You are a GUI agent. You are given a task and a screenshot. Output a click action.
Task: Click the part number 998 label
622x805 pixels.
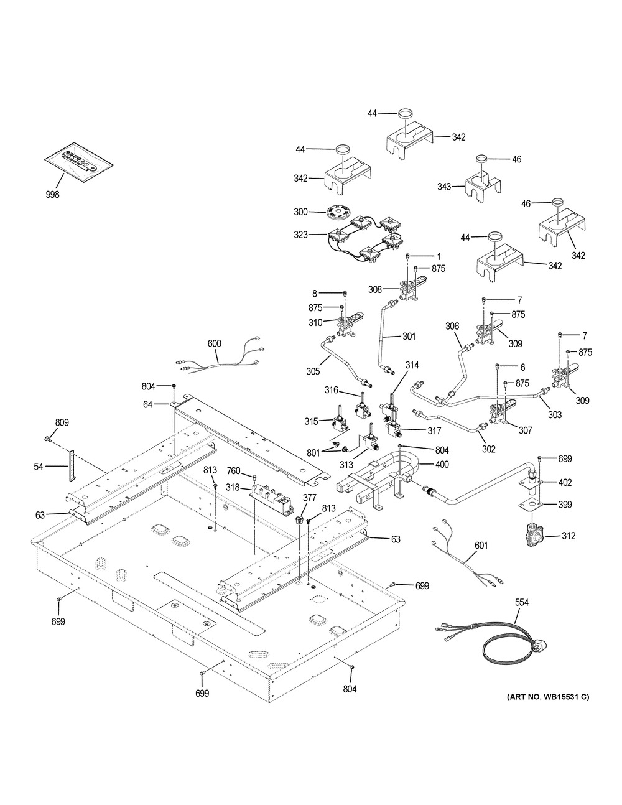point(53,195)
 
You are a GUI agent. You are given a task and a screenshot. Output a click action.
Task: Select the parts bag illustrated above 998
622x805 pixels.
point(78,162)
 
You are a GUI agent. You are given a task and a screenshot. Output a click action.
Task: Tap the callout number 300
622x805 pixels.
point(300,212)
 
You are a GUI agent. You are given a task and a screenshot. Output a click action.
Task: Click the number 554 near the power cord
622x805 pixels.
point(521,602)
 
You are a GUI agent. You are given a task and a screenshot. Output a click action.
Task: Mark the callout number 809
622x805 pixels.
point(62,422)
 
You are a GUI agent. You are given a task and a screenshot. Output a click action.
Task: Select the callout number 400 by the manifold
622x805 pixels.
point(442,464)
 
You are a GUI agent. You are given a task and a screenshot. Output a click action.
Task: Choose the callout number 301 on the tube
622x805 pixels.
point(409,337)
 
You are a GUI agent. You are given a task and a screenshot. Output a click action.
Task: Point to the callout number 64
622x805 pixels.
point(147,405)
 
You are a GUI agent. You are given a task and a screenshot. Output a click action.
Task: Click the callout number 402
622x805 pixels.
point(565,482)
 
